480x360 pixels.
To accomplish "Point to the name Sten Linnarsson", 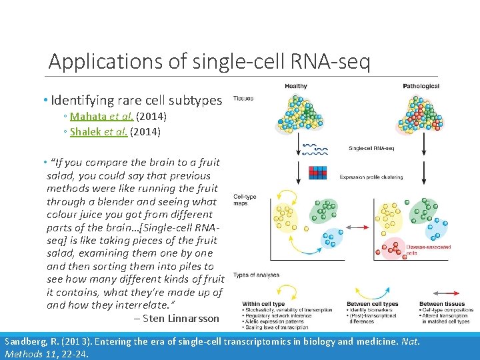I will [181, 319].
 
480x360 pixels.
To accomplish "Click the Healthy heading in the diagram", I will [296, 86].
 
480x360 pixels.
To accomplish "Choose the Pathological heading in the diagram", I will [421, 86].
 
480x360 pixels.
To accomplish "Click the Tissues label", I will [243, 99].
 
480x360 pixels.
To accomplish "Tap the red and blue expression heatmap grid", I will [317, 173].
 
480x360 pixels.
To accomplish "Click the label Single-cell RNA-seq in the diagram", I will [371, 148].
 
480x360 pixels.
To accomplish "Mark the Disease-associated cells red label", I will [428, 250].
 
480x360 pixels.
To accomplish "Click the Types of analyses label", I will [256, 275].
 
